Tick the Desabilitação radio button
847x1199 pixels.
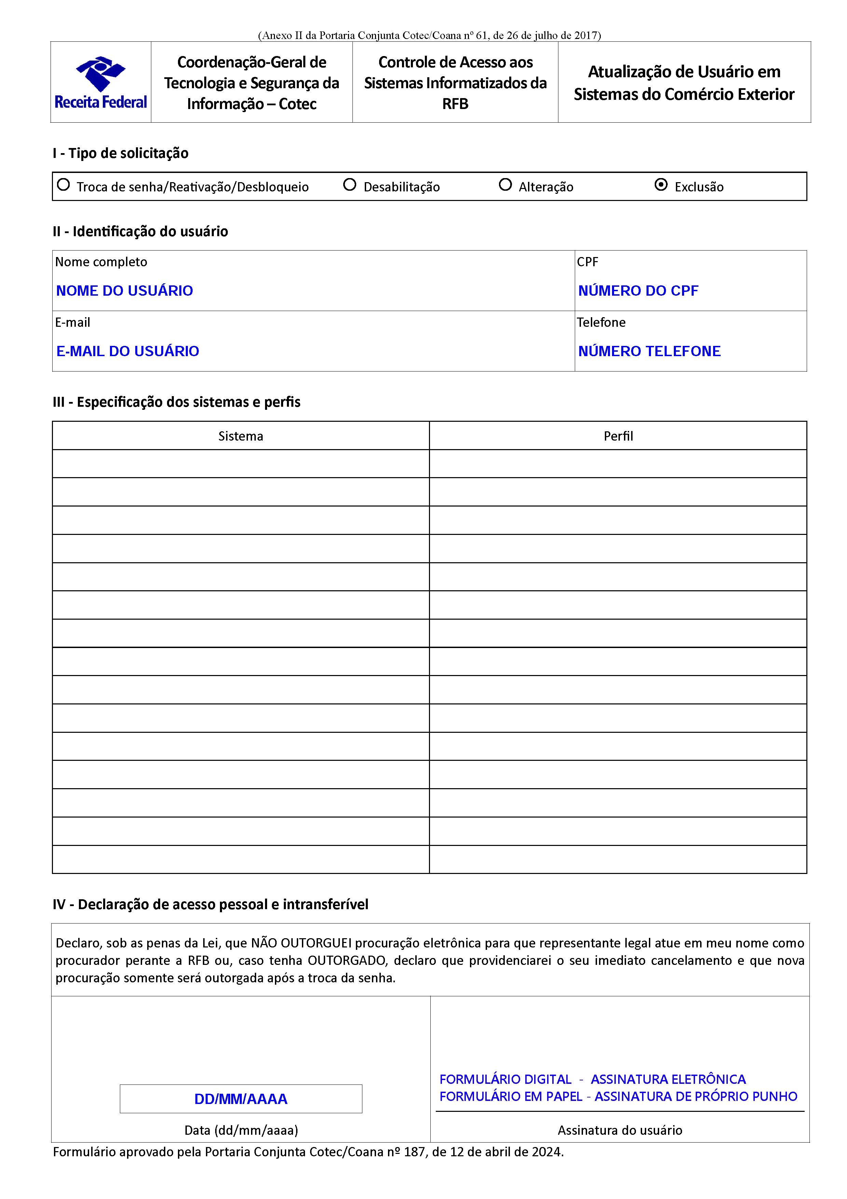tap(350, 185)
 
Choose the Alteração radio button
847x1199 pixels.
tap(505, 185)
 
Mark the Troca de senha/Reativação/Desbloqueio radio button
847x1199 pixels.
tap(63, 185)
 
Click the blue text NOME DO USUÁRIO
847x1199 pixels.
tap(124, 291)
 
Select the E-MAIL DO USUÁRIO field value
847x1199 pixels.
tap(127, 351)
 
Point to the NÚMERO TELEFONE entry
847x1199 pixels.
tap(649, 351)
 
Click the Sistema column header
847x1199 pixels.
tap(240, 436)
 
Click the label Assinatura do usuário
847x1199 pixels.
tap(620, 1131)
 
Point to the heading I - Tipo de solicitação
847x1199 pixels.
tap(121, 153)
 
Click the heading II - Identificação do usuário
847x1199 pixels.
tap(140, 231)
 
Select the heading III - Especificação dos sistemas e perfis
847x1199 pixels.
tap(176, 402)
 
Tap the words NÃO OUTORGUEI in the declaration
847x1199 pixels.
tap(301, 943)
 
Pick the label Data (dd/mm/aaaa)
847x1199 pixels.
tap(241, 1131)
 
